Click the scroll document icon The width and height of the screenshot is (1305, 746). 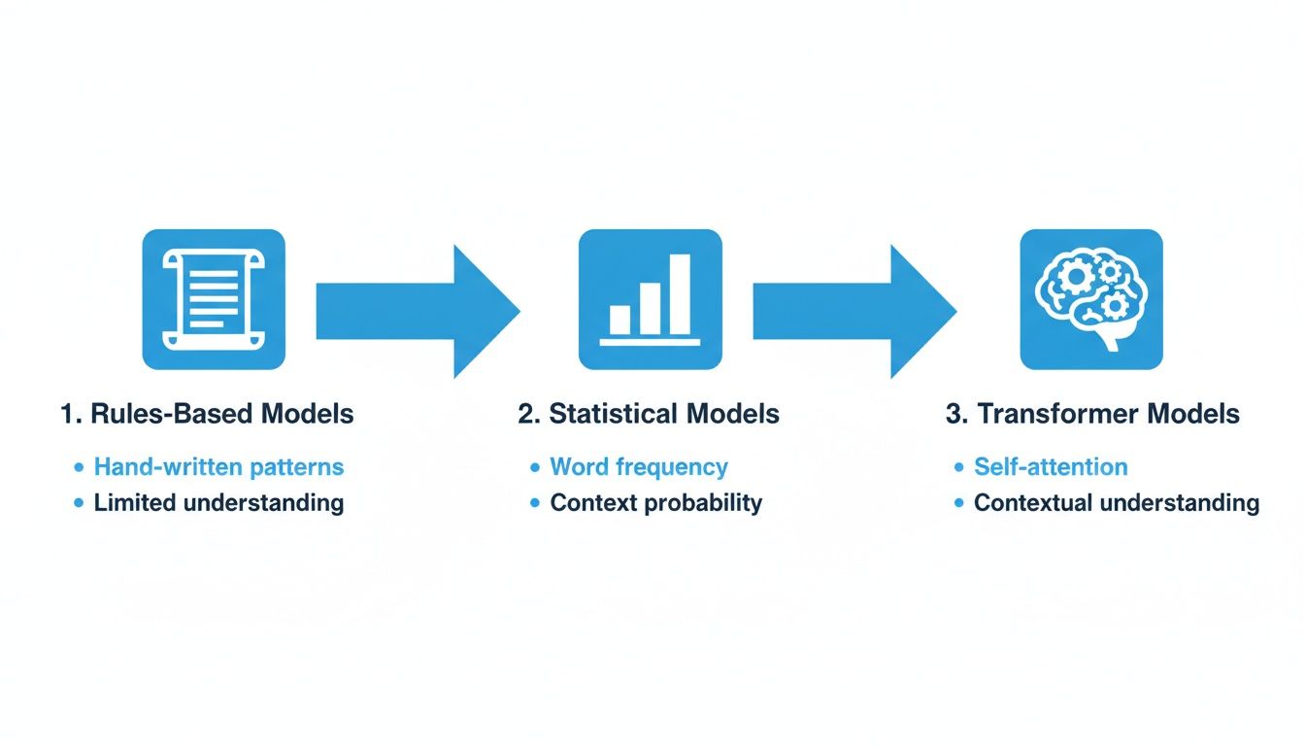(x=214, y=299)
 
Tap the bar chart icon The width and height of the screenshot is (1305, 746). (x=650, y=299)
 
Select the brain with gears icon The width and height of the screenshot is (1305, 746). (x=1090, y=299)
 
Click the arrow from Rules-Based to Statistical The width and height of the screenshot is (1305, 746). (x=418, y=311)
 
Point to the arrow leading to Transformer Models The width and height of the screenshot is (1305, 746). (x=854, y=311)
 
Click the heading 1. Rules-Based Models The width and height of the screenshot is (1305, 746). (x=207, y=414)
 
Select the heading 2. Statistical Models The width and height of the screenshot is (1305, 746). (x=649, y=414)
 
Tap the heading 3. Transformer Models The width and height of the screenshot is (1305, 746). (x=1092, y=414)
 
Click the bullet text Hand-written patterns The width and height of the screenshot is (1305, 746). (x=218, y=467)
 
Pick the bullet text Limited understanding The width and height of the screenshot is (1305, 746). (x=218, y=503)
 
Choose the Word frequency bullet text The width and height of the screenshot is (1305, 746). (x=639, y=467)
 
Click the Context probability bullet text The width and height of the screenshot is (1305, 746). (x=656, y=503)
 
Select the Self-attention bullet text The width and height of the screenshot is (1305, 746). (x=1051, y=467)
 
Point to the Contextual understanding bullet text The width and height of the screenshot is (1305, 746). (x=1117, y=503)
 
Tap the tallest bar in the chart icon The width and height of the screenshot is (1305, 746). (x=680, y=293)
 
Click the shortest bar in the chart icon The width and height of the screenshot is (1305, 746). (x=619, y=320)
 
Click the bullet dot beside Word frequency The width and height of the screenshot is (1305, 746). (x=535, y=468)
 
